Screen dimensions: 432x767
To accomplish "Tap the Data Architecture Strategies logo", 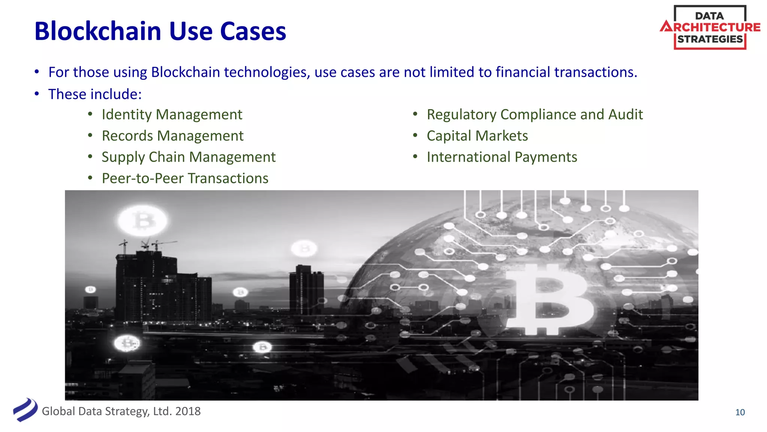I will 710,27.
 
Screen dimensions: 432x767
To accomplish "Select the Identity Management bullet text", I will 172,114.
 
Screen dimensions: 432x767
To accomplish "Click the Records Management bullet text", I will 173,136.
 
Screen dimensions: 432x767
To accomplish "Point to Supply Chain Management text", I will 188,157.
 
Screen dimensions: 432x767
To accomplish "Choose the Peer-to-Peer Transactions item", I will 185,178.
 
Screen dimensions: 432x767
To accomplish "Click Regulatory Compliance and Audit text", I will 534,114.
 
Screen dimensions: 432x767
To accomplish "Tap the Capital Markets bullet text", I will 477,136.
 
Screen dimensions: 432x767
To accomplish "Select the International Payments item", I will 502,157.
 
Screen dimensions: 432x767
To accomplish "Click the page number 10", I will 740,412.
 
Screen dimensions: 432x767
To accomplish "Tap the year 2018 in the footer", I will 188,411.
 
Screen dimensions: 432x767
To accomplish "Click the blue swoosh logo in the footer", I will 25,410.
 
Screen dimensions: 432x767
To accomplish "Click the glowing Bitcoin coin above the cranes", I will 143,220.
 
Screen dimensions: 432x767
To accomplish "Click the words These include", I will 95,94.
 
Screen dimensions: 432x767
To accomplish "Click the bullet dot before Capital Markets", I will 415,135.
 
